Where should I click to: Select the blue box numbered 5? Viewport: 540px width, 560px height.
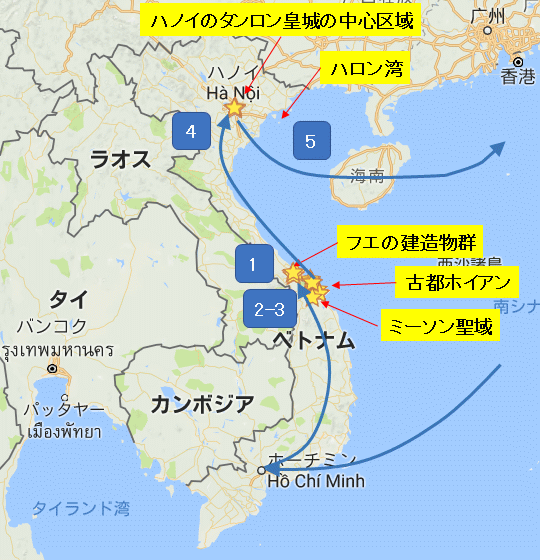(311, 141)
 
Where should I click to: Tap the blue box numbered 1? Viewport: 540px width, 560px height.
(254, 263)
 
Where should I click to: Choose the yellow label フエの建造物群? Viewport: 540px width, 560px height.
(410, 241)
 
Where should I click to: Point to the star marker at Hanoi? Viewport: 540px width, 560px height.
(235, 106)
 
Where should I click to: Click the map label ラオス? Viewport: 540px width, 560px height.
(119, 157)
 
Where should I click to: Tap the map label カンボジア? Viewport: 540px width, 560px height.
(202, 403)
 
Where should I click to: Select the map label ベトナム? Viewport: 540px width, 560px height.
(312, 340)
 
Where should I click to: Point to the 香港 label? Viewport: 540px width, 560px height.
(519, 77)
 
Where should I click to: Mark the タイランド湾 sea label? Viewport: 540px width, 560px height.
(80, 508)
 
